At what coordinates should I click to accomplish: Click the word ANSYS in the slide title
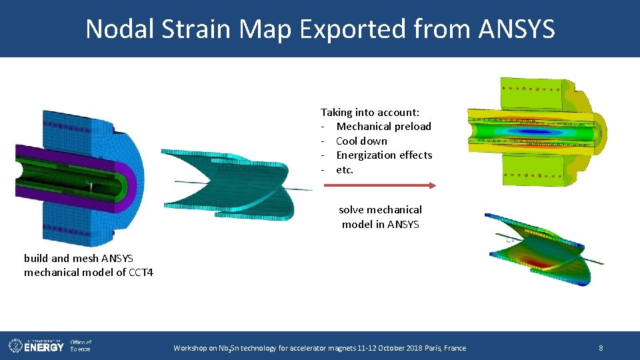click(517, 29)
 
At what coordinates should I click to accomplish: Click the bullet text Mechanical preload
click(383, 127)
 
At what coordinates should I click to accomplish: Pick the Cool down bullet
click(361, 141)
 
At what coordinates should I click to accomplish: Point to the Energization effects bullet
click(384, 155)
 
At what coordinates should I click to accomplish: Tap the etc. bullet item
click(345, 170)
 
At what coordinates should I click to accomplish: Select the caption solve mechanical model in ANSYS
click(380, 217)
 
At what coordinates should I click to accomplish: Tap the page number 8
click(601, 347)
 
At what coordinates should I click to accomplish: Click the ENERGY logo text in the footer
click(45, 347)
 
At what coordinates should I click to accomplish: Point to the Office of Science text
click(80, 345)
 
